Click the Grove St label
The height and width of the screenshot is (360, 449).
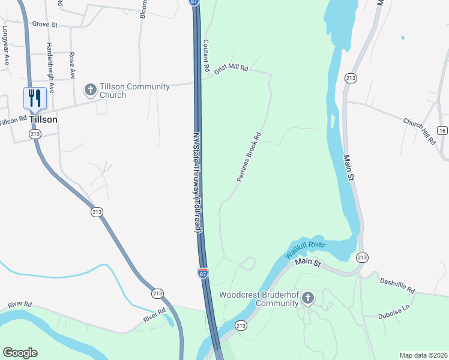tap(44, 25)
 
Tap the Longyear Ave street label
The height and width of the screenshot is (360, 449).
tap(6, 45)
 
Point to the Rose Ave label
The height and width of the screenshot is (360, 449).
tap(72, 65)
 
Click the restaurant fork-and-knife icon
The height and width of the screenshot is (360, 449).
tap(35, 97)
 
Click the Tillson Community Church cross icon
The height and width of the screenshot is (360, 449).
tap(91, 91)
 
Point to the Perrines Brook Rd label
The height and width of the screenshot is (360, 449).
tap(249, 157)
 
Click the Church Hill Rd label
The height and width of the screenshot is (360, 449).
tap(419, 131)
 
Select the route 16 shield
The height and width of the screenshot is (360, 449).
tap(442, 130)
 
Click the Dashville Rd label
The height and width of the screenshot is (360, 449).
tap(397, 285)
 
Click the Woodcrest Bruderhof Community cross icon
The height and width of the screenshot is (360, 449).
tap(308, 298)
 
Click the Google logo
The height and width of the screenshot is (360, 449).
tap(20, 353)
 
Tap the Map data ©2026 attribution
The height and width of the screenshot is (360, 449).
tap(423, 355)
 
